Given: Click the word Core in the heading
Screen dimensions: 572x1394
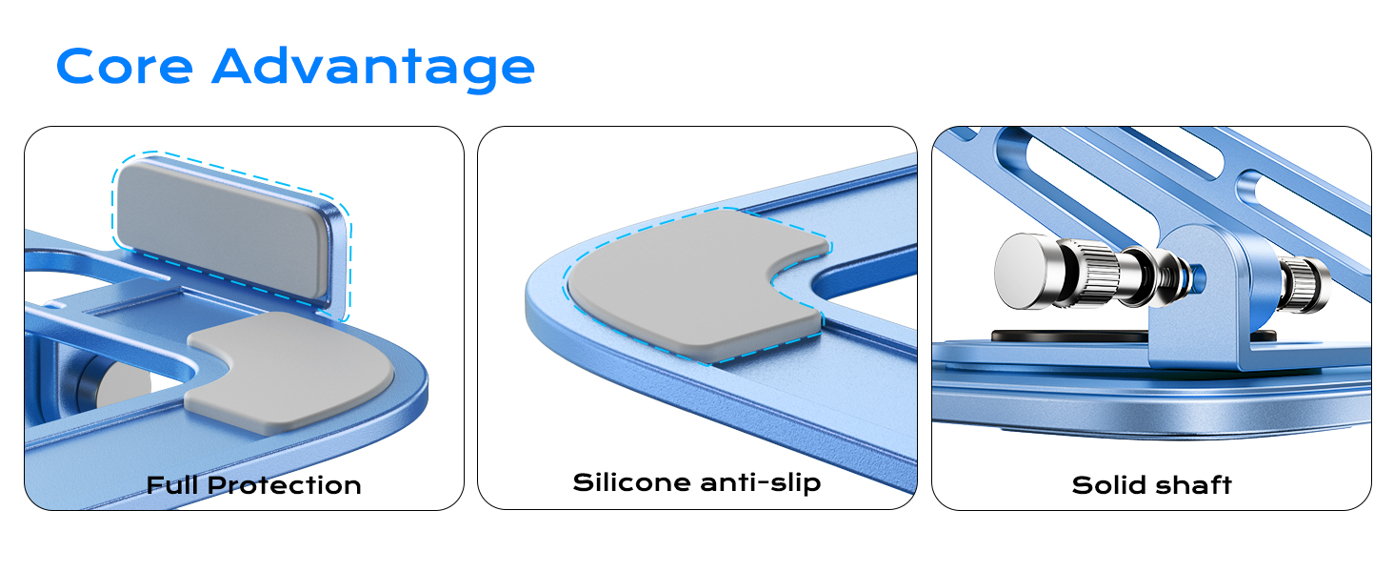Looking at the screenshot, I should pyautogui.click(x=125, y=67).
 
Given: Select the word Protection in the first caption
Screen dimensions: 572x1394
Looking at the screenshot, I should pyautogui.click(x=284, y=485).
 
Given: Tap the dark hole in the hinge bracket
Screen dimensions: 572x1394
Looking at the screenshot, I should pyautogui.click(x=1198, y=277).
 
